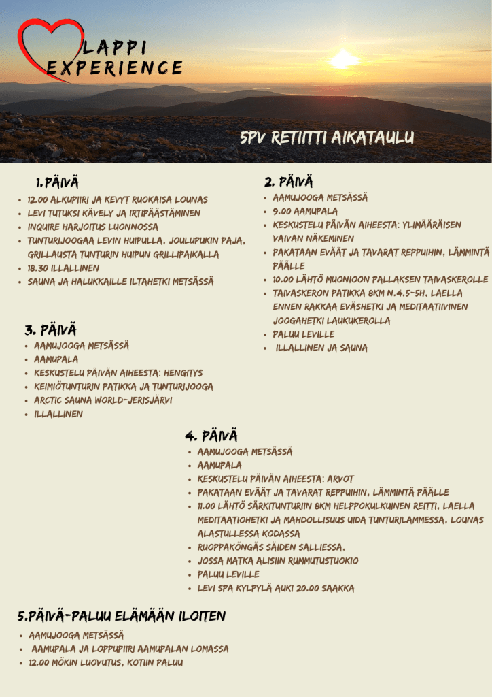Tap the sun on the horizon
[x=343, y=60]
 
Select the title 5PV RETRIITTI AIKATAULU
[x=327, y=138]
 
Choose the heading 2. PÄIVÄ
[x=289, y=182]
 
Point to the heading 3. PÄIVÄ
[x=50, y=330]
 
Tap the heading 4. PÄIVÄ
[x=211, y=436]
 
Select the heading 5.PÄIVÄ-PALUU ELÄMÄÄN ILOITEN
[x=122, y=617]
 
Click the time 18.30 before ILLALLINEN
[x=40, y=268]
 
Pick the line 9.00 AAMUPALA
[x=305, y=212]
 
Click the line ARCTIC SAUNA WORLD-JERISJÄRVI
[x=103, y=400]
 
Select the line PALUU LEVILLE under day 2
[x=304, y=334]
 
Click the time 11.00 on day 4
[x=210, y=506]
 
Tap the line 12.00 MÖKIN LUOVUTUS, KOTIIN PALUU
[x=105, y=662]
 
